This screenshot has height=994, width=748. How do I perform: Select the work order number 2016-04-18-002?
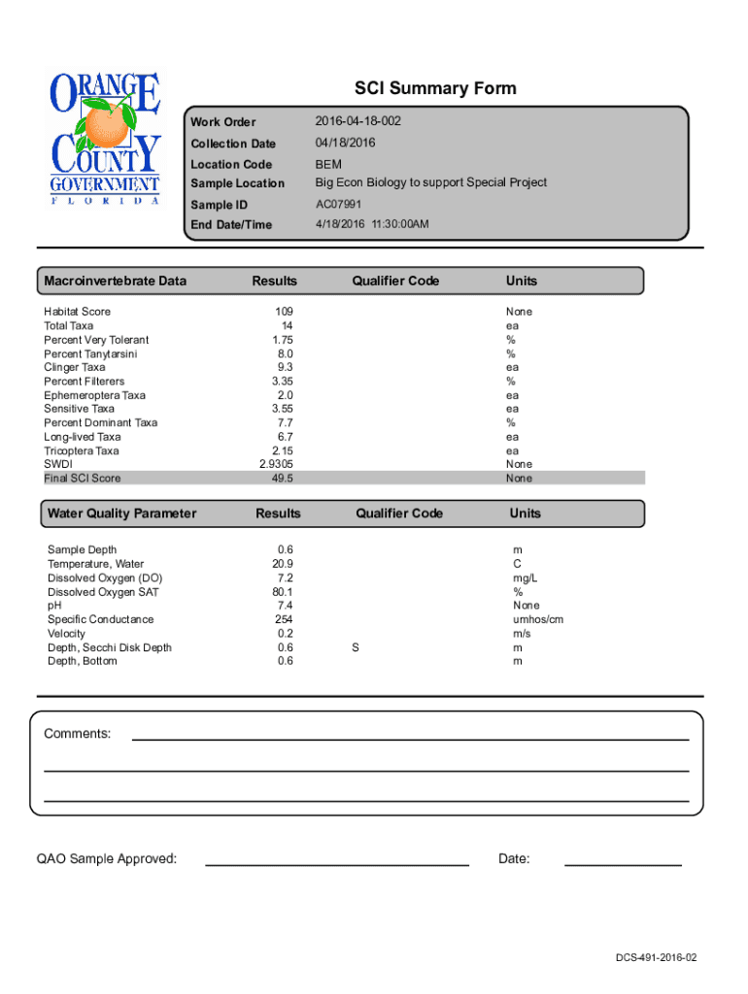coord(357,121)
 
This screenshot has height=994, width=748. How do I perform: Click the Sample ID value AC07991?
coord(338,205)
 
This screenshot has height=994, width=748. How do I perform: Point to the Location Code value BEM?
coord(328,164)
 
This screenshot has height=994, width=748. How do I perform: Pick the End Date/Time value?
coord(372,224)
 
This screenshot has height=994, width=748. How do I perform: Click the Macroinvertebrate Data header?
coord(115,281)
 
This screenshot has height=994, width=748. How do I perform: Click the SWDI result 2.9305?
coord(277,464)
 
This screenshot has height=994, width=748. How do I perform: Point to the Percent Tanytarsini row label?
coord(90,353)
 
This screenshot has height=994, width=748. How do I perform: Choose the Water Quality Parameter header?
coord(121,514)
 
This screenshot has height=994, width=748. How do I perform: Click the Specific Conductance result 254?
coord(284,619)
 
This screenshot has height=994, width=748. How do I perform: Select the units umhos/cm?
coord(538,619)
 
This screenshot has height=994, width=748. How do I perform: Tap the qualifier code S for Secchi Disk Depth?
coord(355,647)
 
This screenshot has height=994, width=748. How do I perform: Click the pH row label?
coord(54,606)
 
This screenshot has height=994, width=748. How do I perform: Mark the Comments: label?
coord(77,734)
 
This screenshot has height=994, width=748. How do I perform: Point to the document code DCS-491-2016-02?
coord(656,958)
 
